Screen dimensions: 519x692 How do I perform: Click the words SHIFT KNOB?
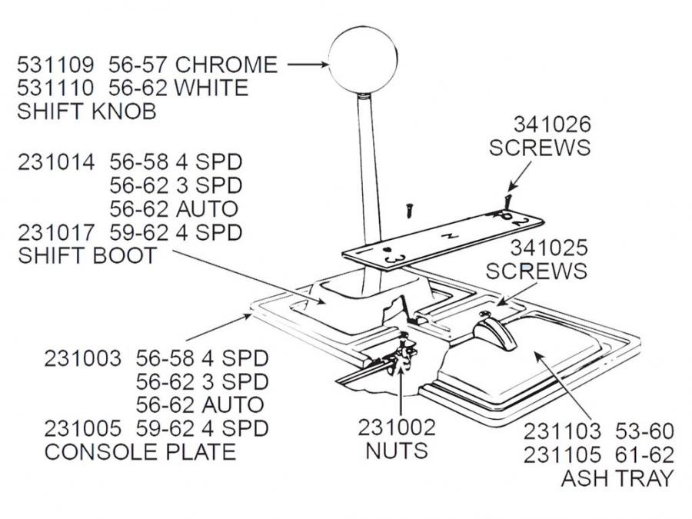86,111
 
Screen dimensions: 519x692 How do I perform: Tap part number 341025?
549,248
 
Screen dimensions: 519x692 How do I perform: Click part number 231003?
82,358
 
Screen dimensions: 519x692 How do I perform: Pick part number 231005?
82,428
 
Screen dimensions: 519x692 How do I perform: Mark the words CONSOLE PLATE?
140,451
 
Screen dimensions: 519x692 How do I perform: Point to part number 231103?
563,431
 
